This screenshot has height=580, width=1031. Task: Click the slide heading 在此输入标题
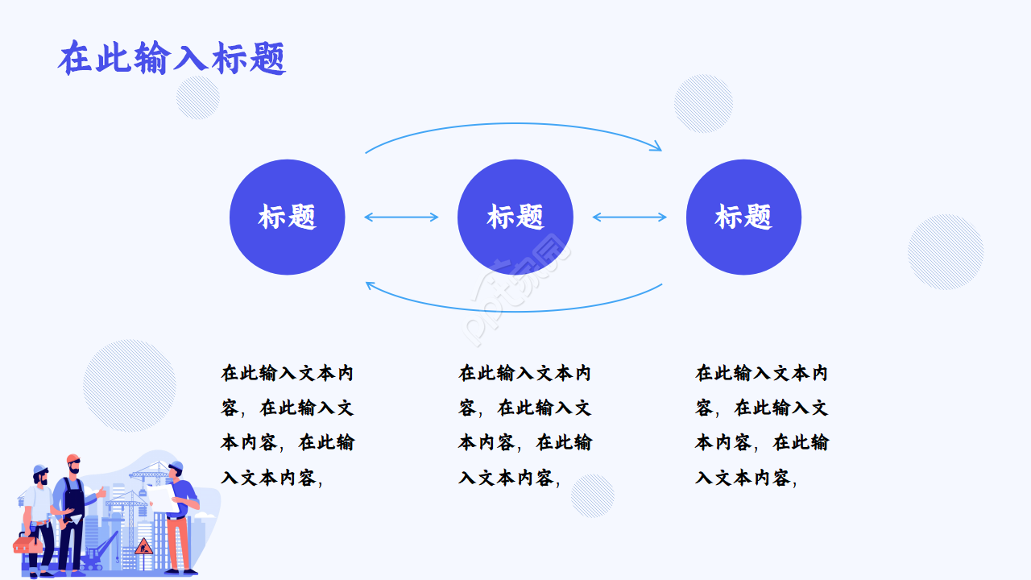click(x=172, y=59)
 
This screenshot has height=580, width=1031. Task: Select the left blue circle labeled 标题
click(x=287, y=217)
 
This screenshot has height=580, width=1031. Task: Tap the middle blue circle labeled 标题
click(x=515, y=217)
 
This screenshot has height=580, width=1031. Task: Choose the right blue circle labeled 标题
click(x=743, y=217)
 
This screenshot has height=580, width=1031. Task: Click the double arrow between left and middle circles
click(x=401, y=217)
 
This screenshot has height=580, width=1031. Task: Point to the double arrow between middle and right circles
click(x=629, y=217)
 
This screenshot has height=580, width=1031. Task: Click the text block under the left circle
click(x=288, y=425)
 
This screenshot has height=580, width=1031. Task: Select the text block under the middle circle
click(x=525, y=425)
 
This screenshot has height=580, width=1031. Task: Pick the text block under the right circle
click(x=762, y=425)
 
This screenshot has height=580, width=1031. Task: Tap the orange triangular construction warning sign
click(x=143, y=545)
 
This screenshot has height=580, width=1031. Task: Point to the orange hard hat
click(x=73, y=459)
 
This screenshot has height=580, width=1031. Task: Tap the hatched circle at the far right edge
click(x=946, y=251)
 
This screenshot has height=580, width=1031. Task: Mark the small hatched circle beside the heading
click(x=197, y=97)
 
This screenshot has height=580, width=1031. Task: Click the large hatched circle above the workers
click(x=130, y=385)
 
